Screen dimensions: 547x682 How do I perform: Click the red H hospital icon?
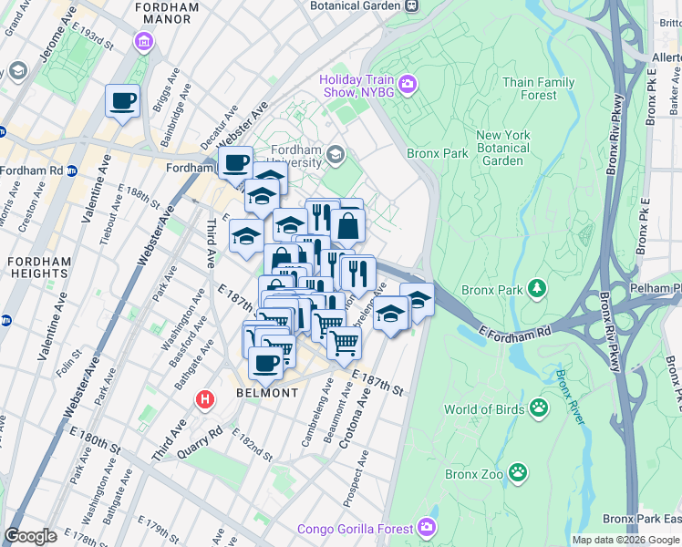tap(206, 399)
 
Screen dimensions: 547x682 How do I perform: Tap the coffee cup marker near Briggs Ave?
tap(122, 101)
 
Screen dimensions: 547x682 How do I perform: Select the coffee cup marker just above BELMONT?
tap(265, 363)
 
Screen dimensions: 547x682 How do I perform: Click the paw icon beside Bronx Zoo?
tap(518, 472)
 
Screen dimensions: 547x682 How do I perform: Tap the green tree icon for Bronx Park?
tap(538, 289)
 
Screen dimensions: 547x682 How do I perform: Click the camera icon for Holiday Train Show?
tap(408, 85)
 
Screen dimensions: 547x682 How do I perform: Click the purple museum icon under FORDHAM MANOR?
tap(143, 41)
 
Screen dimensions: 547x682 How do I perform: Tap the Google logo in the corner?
tap(30, 536)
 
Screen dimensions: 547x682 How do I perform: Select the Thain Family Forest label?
tap(538, 88)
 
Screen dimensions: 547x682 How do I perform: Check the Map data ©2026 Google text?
tap(625, 540)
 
